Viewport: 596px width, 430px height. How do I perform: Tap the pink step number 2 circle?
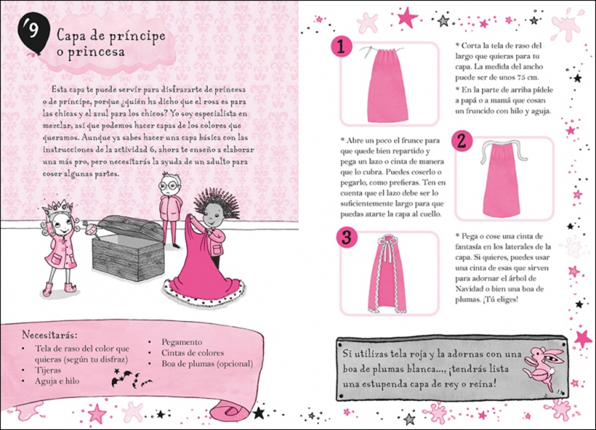click(x=462, y=142)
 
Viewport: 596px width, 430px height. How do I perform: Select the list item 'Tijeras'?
click(x=48, y=370)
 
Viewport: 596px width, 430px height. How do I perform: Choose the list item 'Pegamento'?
click(x=182, y=342)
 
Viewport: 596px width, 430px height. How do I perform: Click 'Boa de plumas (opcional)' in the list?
click(x=207, y=363)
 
